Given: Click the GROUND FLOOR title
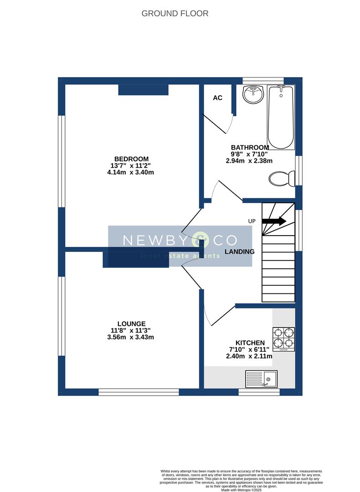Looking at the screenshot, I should click(175, 14).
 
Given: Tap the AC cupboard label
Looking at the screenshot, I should click(218, 98).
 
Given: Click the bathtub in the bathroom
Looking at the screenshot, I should click(281, 117).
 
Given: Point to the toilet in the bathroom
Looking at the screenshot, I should click(281, 178).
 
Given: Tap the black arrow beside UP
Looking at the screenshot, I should click(274, 221).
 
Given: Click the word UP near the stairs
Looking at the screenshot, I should click(252, 221).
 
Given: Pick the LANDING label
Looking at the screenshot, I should click(240, 251).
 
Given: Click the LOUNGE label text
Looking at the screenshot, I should click(131, 323).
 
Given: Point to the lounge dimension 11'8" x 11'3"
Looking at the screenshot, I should click(131, 330).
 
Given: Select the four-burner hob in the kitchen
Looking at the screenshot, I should click(283, 339).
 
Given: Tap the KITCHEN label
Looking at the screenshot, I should click(250, 343).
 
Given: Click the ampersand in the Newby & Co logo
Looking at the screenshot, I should click(199, 239).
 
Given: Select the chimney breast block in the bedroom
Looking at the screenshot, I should click(143, 90).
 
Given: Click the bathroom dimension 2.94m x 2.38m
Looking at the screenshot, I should click(249, 160).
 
